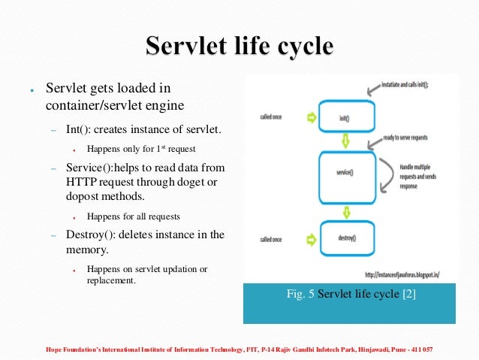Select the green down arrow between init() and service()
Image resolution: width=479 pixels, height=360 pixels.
coord(346,141)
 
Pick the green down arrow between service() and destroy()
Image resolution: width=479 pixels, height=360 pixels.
coord(346,207)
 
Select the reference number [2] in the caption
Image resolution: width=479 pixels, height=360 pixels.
coord(408,294)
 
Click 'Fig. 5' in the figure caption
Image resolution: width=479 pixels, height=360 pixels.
coord(301,294)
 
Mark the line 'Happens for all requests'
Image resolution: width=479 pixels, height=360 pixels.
coord(134,216)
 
